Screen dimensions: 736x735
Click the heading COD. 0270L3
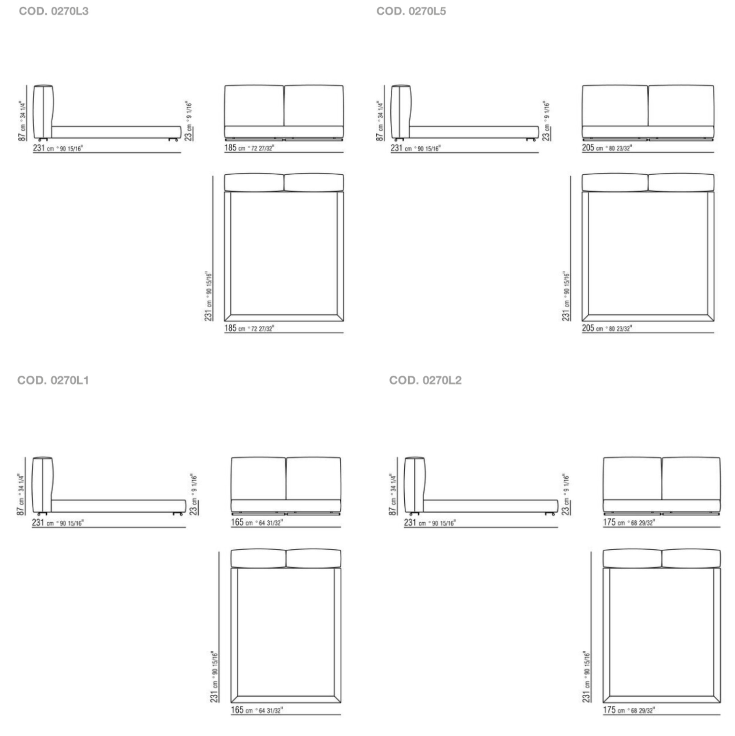coord(54,11)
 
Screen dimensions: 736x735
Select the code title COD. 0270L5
coord(411,11)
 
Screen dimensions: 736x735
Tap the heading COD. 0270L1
coord(53,380)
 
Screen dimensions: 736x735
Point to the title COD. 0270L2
coord(425,380)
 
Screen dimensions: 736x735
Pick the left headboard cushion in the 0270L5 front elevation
coord(615,106)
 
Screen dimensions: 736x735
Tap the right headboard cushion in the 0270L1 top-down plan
coord(313,559)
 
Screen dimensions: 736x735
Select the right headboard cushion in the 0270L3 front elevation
coord(313,106)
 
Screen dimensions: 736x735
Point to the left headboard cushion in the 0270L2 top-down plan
coord(632,559)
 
